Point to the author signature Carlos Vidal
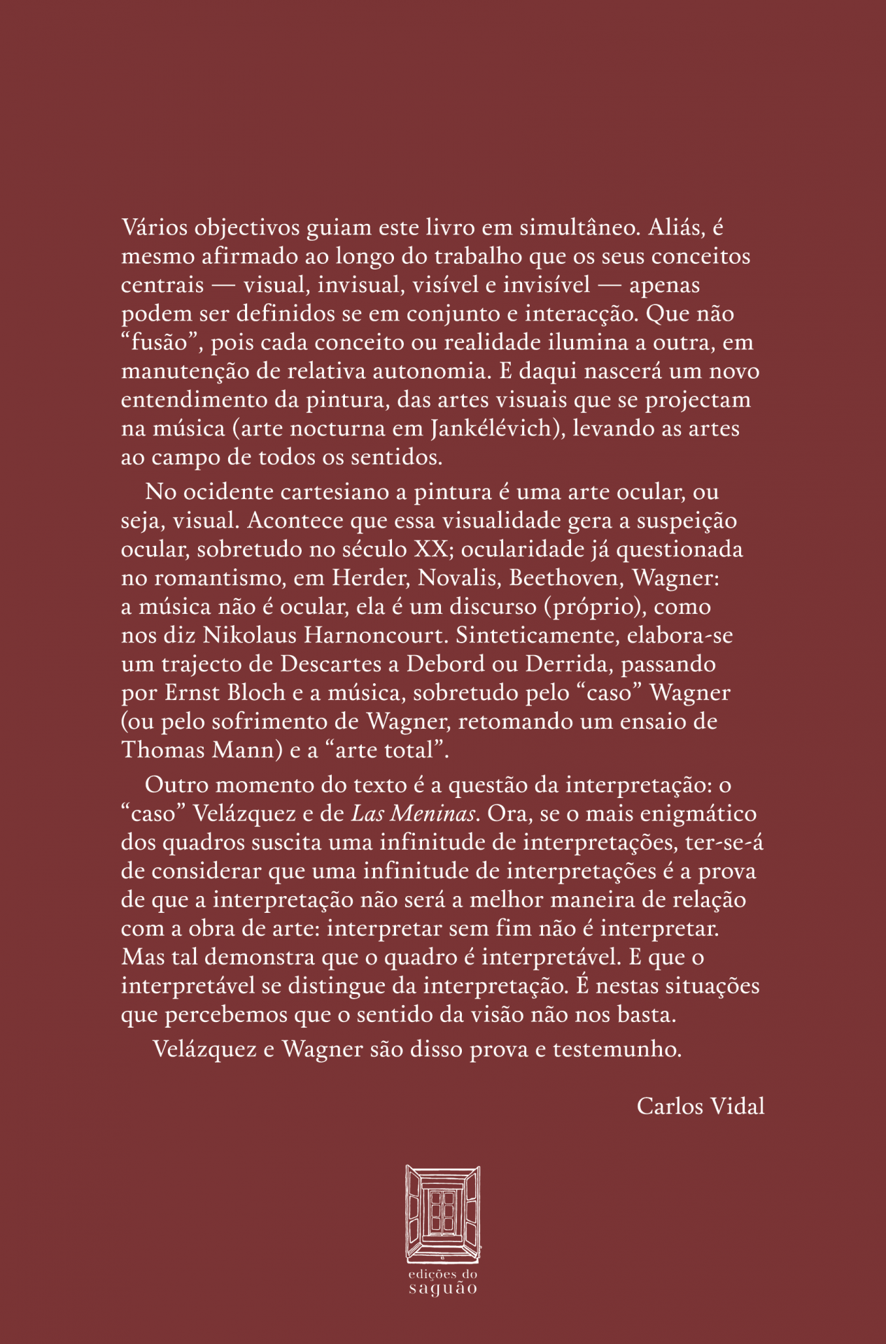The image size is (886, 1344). pos(700,1106)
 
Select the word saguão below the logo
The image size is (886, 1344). pos(443,1289)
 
